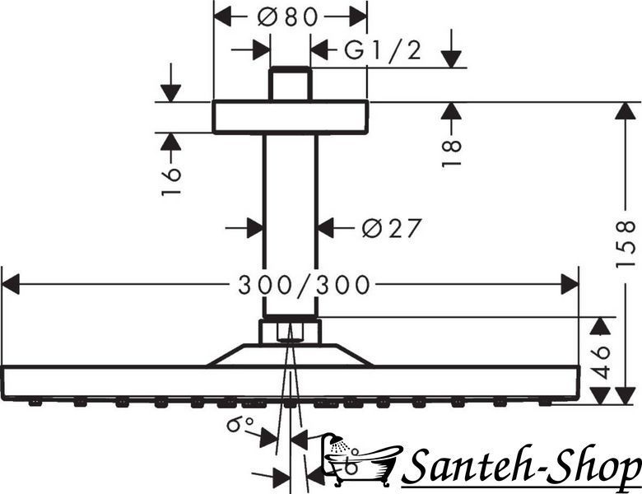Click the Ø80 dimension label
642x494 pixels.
tap(288, 17)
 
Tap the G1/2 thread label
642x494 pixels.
tap(383, 51)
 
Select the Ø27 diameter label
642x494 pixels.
tap(392, 228)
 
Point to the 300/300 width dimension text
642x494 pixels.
tap(305, 285)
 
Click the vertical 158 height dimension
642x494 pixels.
tap(626, 245)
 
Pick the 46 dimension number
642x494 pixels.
tap(601, 362)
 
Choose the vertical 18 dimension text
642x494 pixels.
tap(452, 153)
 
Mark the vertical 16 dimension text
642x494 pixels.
tap(171, 181)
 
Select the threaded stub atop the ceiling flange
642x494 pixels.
tap(290, 83)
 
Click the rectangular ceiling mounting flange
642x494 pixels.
tap(291, 117)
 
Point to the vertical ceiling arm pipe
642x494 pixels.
tap(290, 226)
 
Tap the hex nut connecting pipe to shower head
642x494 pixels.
tap(290, 331)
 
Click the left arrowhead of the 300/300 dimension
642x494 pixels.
tap(11, 285)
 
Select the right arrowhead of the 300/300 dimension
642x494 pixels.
tap(570, 285)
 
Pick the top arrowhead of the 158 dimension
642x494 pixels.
tap(626, 110)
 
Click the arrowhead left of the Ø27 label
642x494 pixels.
tap(254, 228)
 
